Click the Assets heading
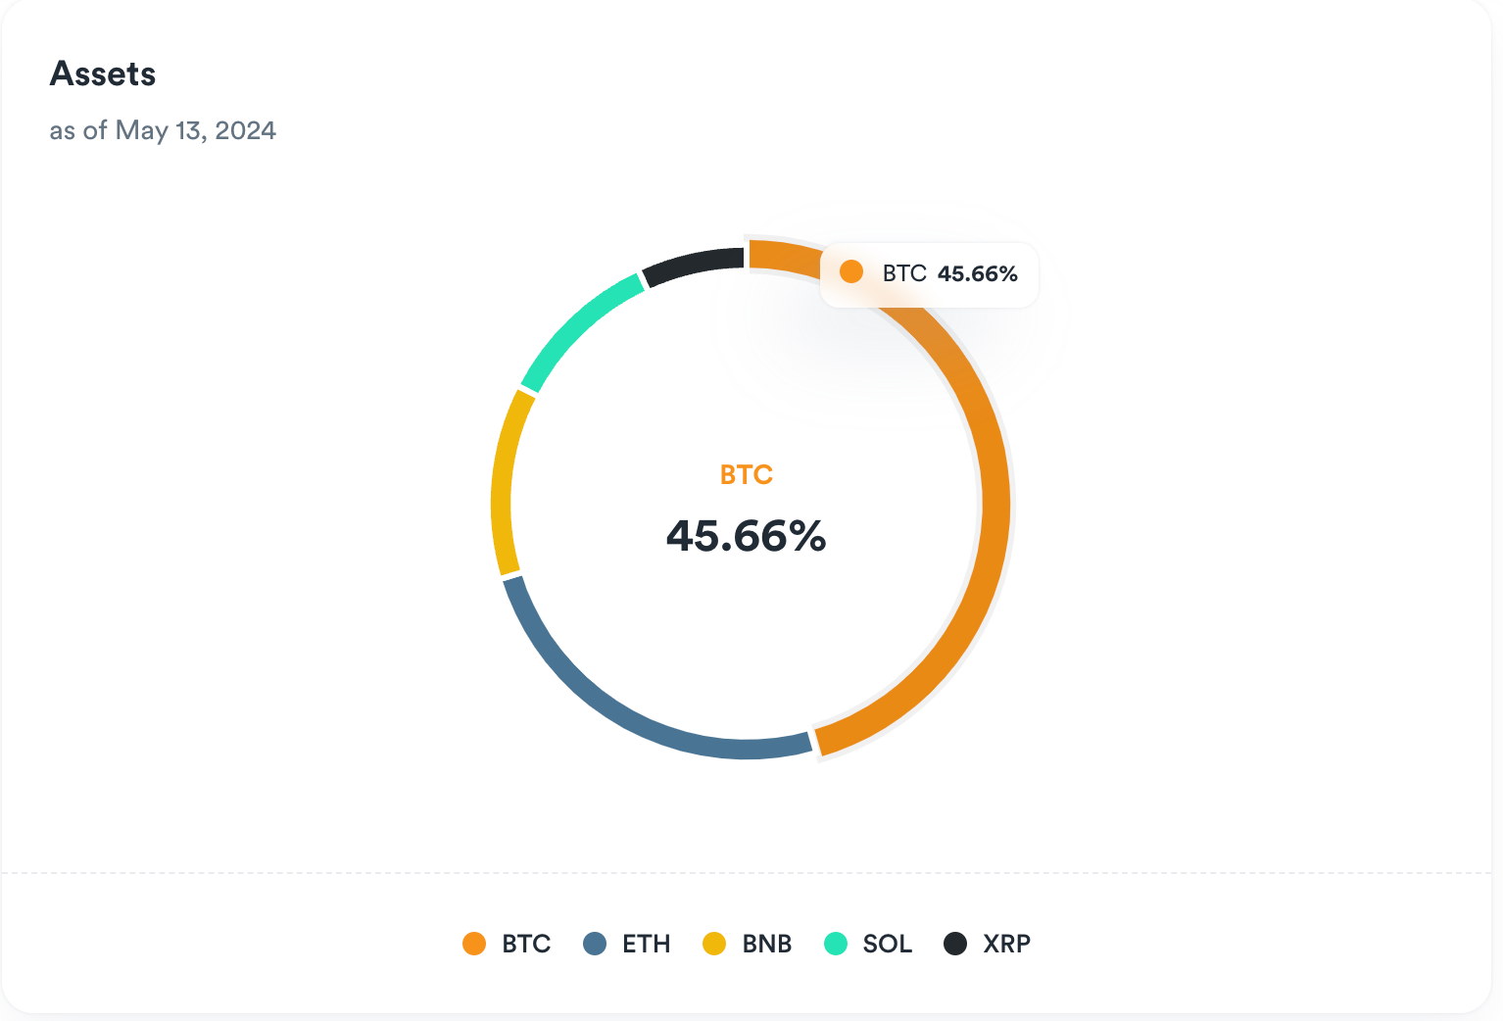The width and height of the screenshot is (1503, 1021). (x=103, y=74)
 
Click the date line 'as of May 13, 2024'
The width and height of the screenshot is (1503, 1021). (x=163, y=130)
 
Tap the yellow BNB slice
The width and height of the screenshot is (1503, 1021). (x=507, y=480)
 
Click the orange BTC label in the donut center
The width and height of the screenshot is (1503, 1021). (x=747, y=475)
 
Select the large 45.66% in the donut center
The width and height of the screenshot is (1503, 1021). (x=747, y=536)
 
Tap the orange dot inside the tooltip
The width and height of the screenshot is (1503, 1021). (x=851, y=272)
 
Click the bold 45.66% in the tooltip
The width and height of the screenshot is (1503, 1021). (x=978, y=274)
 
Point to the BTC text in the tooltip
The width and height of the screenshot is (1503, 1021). (x=904, y=273)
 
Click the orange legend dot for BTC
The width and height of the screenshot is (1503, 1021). (x=474, y=944)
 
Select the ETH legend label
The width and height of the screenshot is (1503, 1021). (x=647, y=944)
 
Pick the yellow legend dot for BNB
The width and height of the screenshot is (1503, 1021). (x=714, y=944)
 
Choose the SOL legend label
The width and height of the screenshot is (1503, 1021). (x=888, y=944)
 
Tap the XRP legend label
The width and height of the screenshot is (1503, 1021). (x=1007, y=944)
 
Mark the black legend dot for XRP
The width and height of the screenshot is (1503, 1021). (x=955, y=944)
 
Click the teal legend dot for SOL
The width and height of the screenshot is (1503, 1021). (x=836, y=944)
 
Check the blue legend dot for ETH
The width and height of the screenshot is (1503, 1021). (x=595, y=944)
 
